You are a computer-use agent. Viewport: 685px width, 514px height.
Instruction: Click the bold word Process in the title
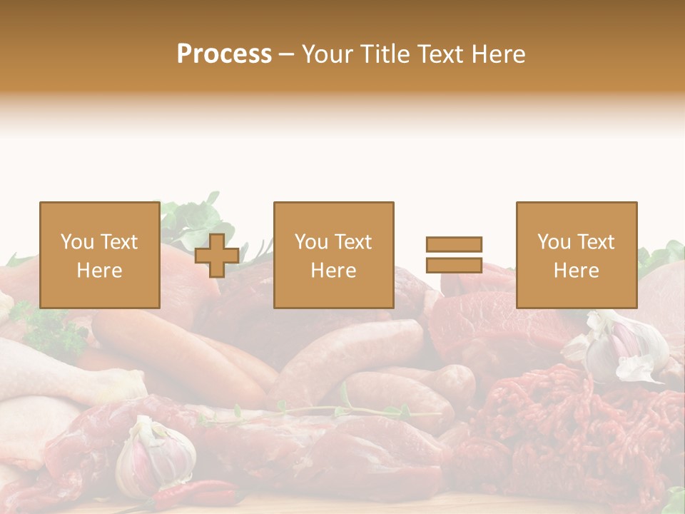[224, 54]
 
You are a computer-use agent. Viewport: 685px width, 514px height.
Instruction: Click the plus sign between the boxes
[217, 256]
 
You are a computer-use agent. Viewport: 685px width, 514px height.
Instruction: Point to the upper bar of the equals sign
[454, 244]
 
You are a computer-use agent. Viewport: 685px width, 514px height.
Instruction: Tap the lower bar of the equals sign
[454, 265]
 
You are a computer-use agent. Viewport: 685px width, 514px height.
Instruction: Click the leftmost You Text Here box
[99, 255]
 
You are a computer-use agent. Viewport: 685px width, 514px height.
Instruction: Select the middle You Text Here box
[333, 255]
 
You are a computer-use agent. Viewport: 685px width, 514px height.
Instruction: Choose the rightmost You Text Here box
[576, 255]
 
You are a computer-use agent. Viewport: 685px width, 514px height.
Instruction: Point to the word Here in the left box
[99, 270]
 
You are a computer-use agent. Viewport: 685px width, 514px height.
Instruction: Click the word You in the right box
[554, 242]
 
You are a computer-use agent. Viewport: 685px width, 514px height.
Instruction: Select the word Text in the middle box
[354, 242]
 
